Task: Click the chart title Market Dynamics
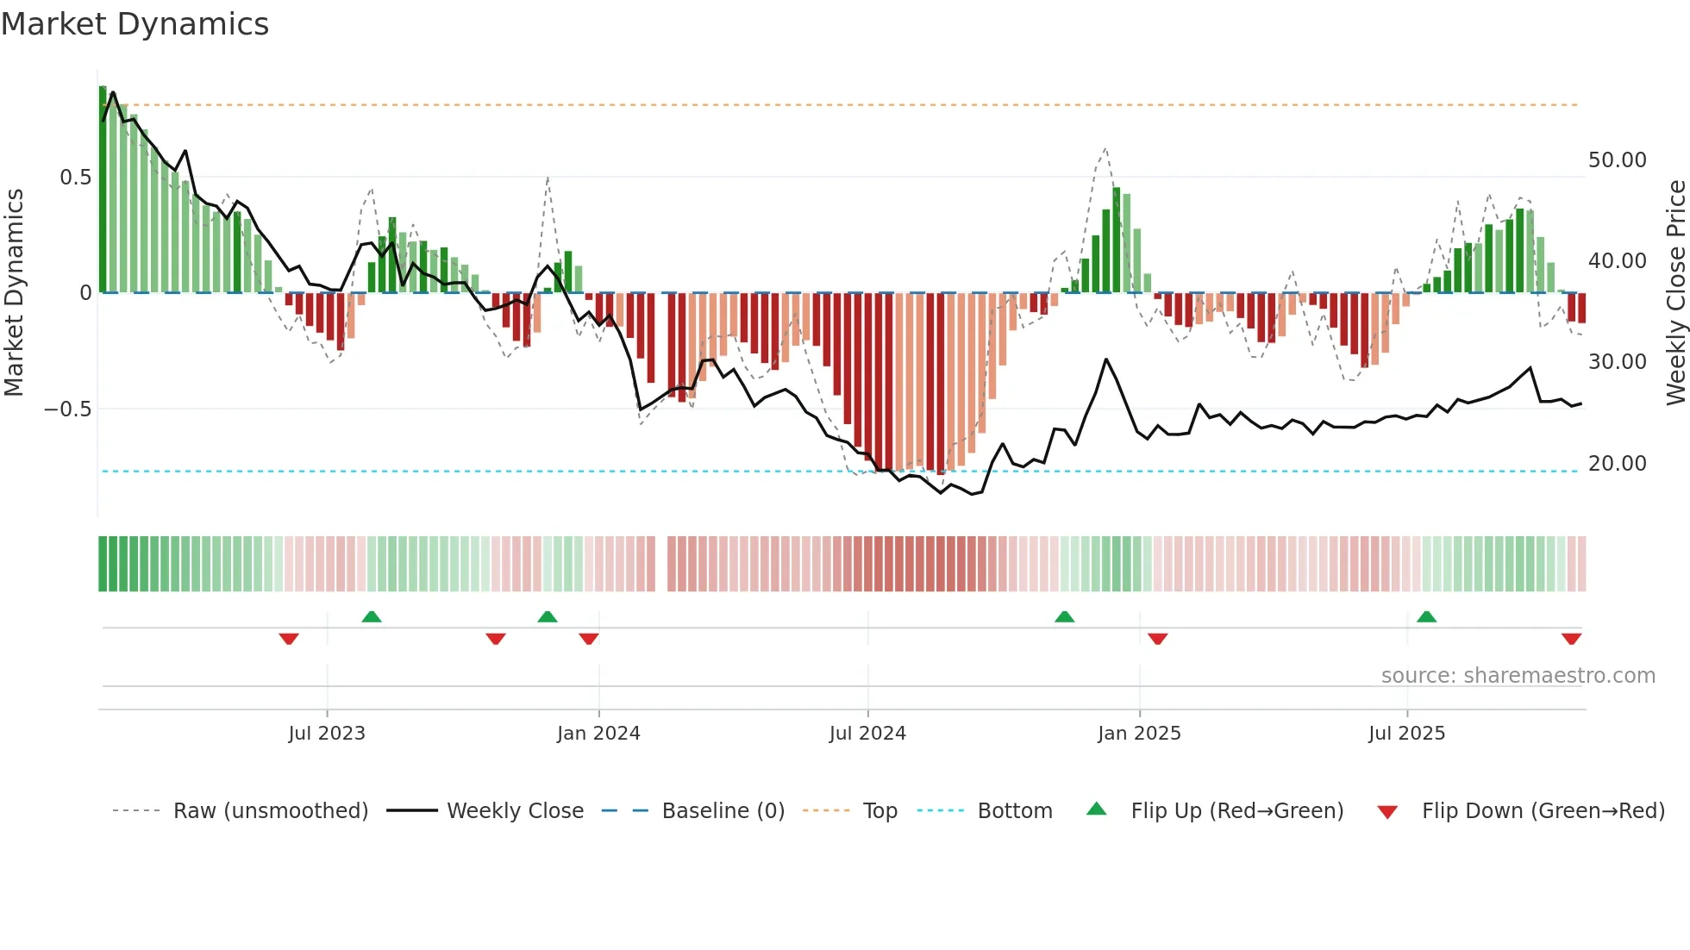135,24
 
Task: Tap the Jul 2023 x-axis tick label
327,734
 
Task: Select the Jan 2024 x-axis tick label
598,734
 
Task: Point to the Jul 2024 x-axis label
867,734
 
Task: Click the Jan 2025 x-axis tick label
1139,734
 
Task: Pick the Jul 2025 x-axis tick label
1406,734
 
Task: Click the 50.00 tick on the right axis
1617,160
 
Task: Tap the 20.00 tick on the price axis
1617,464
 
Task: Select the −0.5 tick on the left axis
68,409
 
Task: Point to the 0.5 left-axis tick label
75,178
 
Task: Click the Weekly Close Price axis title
1675,293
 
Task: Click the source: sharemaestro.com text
1518,676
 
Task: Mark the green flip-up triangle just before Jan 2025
1065,616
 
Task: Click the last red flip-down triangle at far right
1571,639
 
